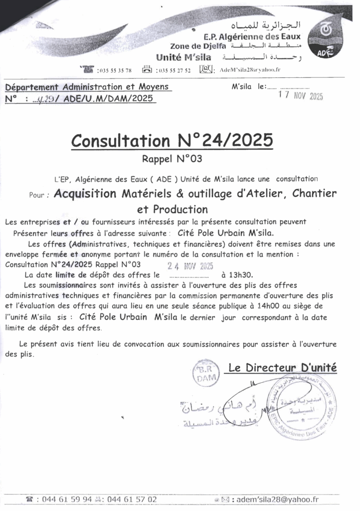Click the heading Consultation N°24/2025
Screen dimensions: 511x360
point(172,140)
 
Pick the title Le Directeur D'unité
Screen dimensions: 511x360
point(282,368)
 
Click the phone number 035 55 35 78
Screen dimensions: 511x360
point(116,70)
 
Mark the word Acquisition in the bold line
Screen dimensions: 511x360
point(85,194)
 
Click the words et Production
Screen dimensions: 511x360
point(172,209)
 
